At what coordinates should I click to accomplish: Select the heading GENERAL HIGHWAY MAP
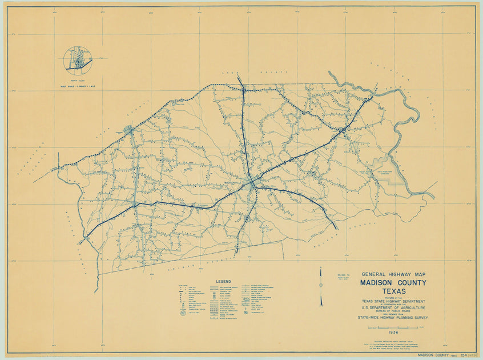coord(393,274)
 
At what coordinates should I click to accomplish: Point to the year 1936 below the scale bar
coord(392,333)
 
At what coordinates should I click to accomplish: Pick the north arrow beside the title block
coord(321,286)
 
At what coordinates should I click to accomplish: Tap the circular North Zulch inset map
coord(78,61)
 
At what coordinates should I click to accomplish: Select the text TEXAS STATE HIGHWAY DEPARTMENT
coord(393,301)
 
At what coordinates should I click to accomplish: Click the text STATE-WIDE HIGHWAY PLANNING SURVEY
coord(393,318)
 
